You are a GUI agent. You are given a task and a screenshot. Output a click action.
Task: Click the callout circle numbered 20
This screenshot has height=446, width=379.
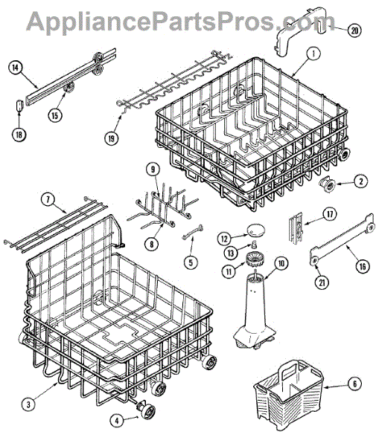(x=354, y=30)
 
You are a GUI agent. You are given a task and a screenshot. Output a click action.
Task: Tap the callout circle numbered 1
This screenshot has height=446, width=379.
(x=313, y=54)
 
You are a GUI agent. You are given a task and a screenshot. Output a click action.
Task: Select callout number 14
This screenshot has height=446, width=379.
(x=15, y=68)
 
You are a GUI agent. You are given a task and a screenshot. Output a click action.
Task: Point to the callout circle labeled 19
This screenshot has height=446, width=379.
(x=111, y=138)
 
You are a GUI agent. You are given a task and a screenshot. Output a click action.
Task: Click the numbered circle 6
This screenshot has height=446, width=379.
(x=354, y=384)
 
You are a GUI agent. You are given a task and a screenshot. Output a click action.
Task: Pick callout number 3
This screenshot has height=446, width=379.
(x=28, y=404)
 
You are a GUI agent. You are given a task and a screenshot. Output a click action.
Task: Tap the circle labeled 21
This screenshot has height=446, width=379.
(x=322, y=282)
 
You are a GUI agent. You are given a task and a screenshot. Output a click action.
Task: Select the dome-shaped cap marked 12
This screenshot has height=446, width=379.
(x=256, y=230)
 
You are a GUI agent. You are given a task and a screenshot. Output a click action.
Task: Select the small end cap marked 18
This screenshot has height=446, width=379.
(x=19, y=106)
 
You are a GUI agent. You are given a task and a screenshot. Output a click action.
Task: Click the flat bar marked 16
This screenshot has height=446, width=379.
(x=342, y=240)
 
